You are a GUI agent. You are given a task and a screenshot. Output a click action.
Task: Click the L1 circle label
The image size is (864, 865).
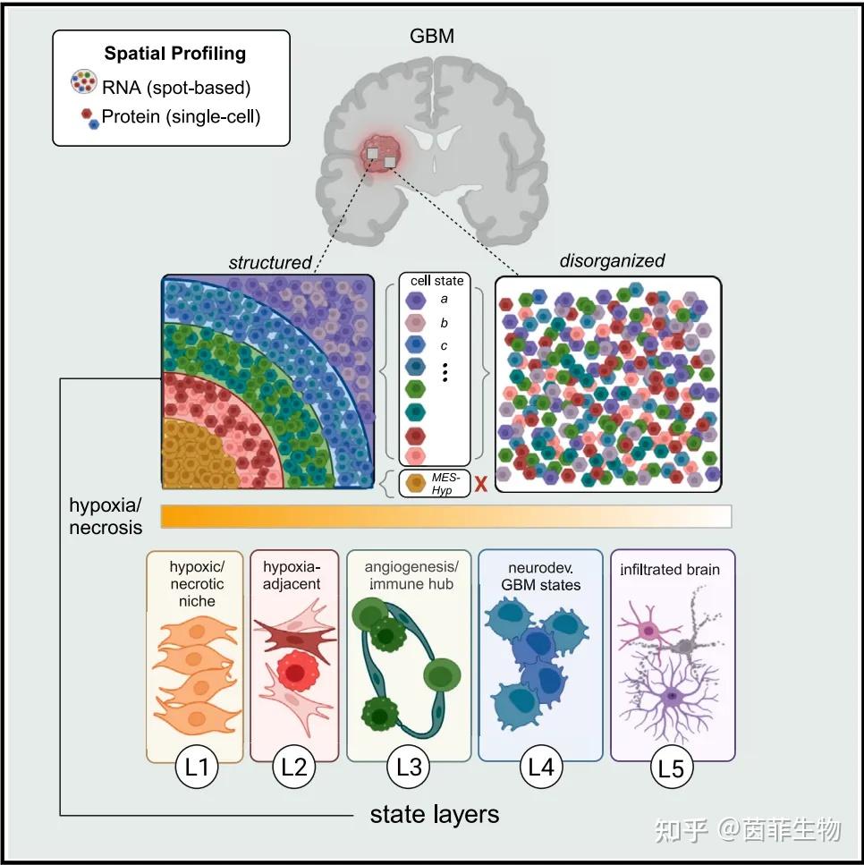pos(195,767)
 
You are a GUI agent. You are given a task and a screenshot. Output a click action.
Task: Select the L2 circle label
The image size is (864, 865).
pos(294,767)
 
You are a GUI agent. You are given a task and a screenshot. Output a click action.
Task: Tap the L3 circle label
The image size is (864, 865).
pos(409,767)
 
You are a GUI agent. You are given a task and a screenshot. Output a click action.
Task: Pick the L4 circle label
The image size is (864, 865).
pos(542,767)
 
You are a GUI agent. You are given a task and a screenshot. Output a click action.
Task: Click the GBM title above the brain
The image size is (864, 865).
pos(431,37)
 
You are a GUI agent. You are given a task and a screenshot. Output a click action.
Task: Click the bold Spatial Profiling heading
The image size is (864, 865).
pos(174,53)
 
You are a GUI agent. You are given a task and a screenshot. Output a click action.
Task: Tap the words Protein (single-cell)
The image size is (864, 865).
pos(181,115)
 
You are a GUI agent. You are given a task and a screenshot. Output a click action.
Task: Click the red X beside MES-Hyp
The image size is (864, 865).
pos(480,484)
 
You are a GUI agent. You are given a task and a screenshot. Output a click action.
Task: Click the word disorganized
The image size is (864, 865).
pos(612,261)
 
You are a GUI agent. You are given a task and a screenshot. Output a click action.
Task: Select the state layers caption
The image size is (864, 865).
pos(434,814)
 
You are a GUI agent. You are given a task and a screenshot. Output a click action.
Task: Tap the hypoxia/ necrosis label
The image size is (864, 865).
pos(106,515)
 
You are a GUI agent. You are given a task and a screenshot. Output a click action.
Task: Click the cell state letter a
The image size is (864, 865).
pos(445,300)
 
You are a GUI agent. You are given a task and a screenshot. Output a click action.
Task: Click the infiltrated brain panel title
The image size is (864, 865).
pos(670,569)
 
